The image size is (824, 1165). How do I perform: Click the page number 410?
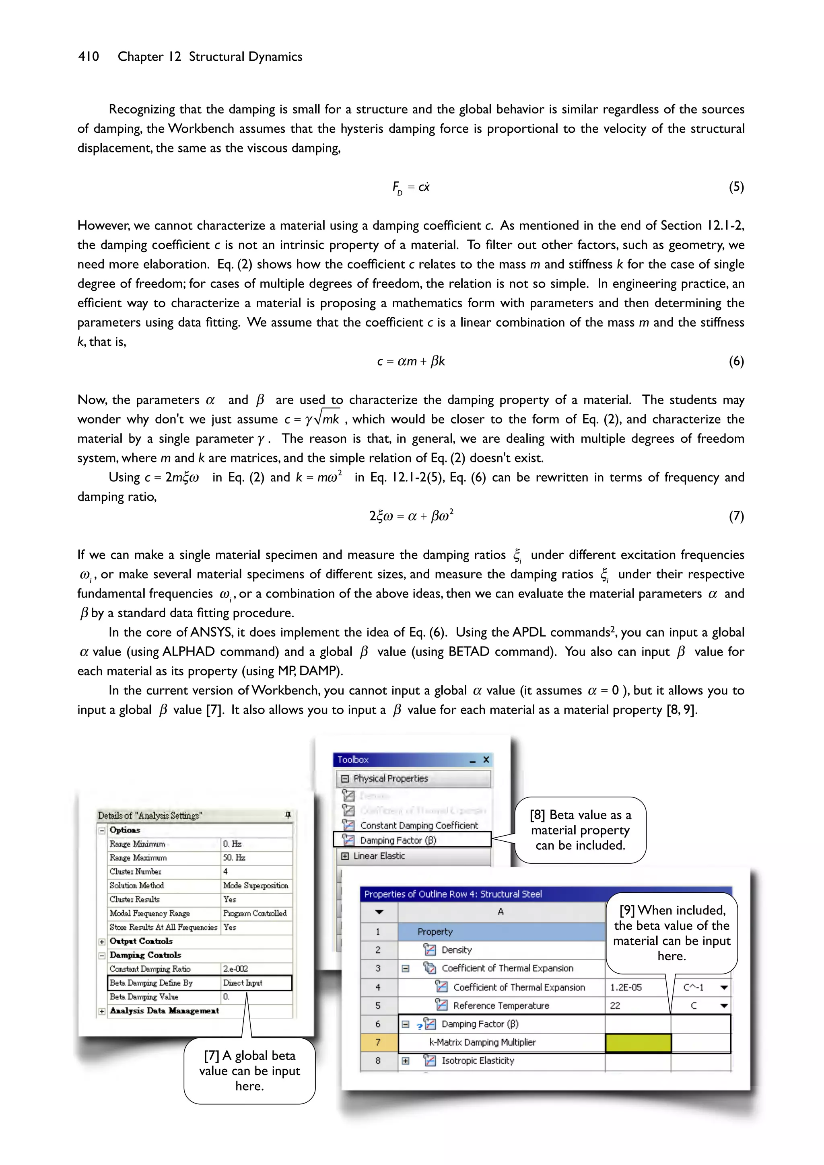point(89,56)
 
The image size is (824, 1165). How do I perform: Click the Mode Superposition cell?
point(255,886)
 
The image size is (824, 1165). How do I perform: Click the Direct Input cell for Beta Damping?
point(243,983)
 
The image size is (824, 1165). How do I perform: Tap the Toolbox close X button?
point(486,760)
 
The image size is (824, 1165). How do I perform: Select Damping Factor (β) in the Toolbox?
point(398,840)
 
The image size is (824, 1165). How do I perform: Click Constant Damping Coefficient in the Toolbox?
point(419,826)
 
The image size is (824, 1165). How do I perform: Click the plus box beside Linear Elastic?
point(345,856)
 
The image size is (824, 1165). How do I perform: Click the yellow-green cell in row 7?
point(638,1042)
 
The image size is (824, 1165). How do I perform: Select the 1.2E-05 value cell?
point(626,987)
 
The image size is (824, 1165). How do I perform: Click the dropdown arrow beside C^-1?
point(724,987)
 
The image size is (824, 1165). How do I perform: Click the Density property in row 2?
point(456,950)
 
